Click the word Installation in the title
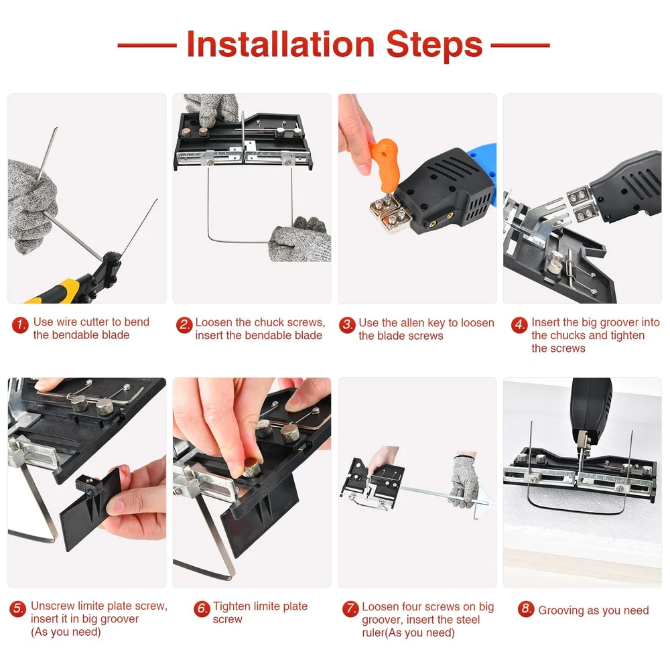[281, 44]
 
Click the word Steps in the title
[435, 45]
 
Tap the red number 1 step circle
[20, 325]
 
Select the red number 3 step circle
[347, 325]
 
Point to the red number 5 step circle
[18, 608]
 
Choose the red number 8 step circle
[525, 609]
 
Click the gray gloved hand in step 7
[464, 480]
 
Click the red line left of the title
[147, 45]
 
